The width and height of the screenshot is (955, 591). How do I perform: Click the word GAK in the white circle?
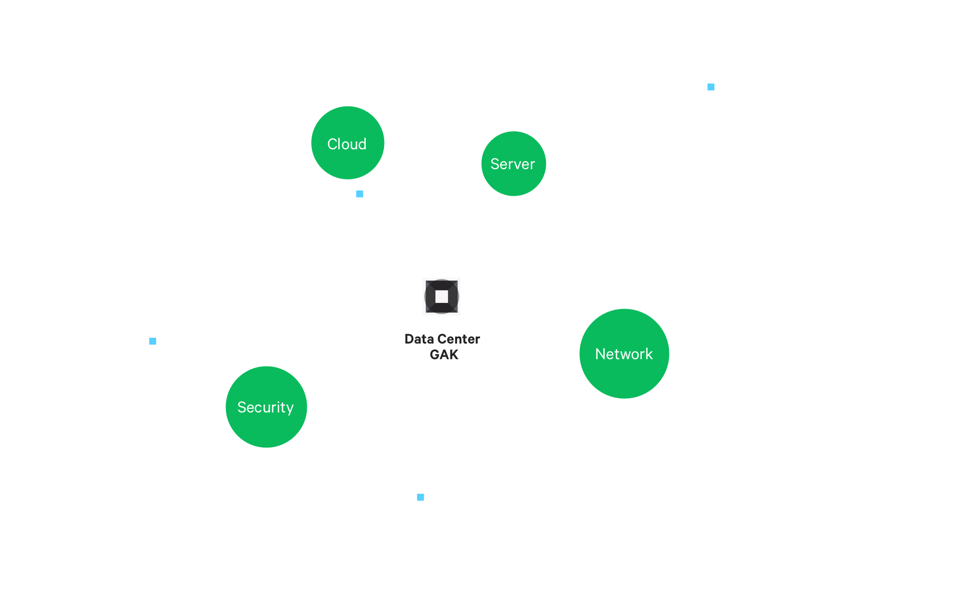click(x=444, y=355)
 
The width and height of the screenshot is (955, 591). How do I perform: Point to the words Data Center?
click(x=442, y=339)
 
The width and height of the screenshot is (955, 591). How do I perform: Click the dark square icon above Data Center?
click(x=441, y=297)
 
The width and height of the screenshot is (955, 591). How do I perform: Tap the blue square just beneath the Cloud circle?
click(x=360, y=194)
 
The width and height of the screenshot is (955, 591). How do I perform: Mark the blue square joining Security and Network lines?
click(x=421, y=498)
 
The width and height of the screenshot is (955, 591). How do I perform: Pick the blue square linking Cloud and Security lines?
click(x=153, y=341)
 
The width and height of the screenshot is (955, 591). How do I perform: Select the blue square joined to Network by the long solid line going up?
click(x=711, y=87)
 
